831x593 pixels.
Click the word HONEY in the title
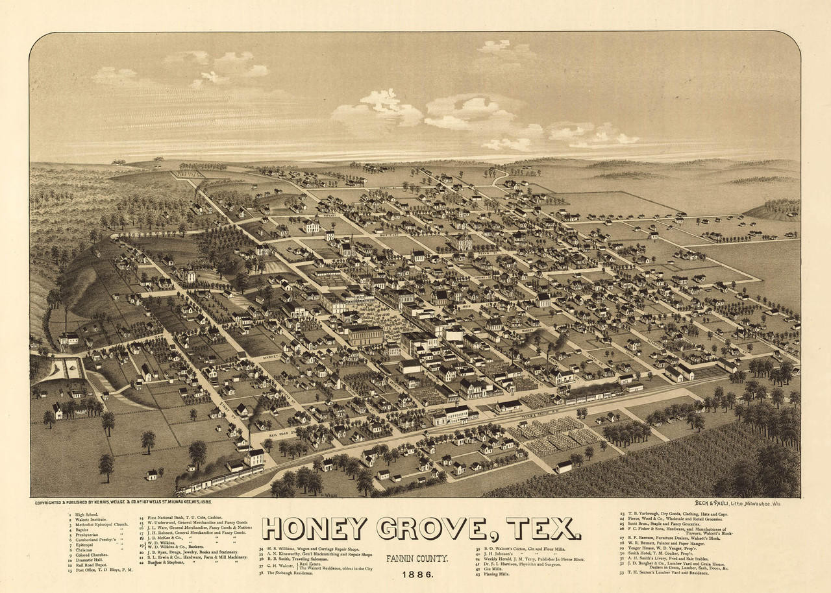(314, 528)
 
